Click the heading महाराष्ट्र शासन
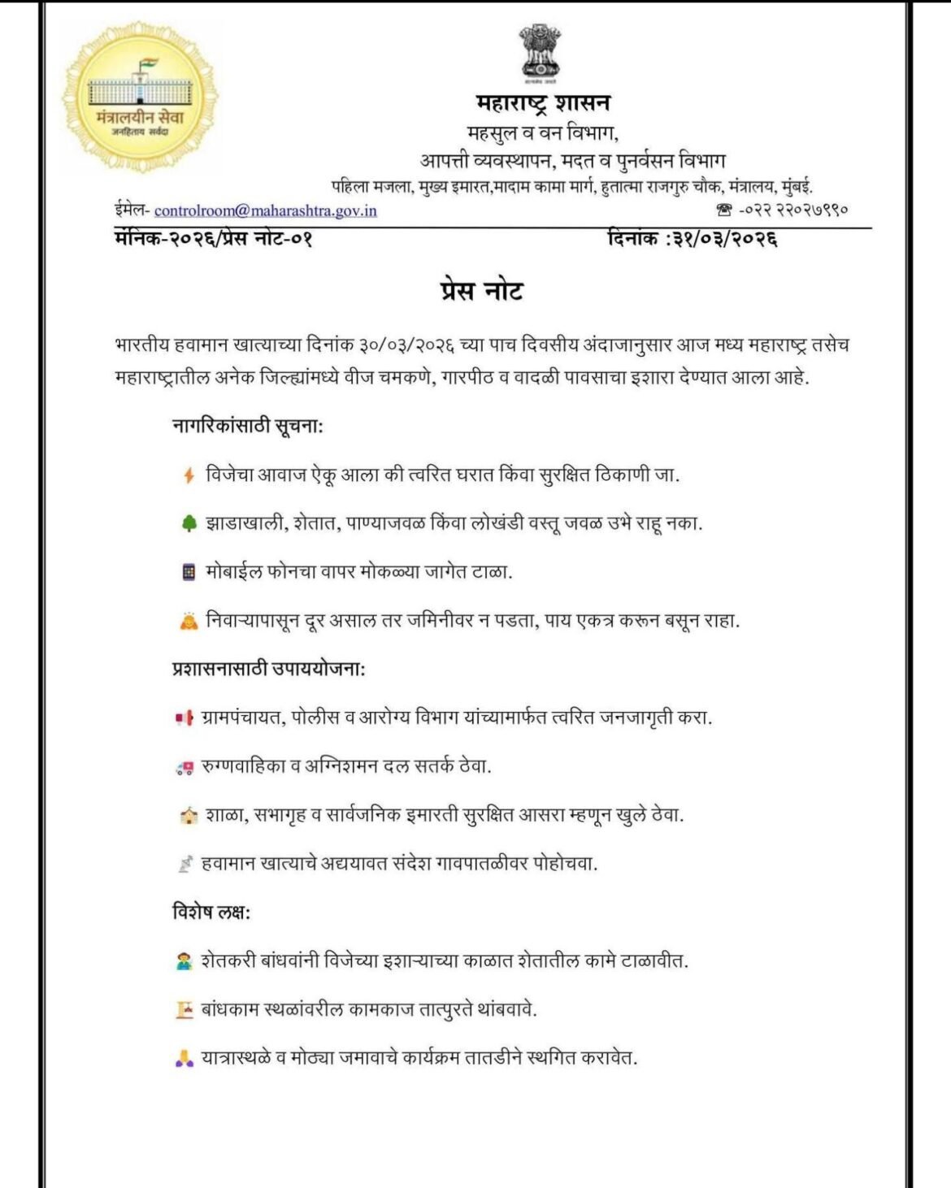pyautogui.click(x=542, y=103)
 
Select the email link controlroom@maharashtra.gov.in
pyautogui.click(x=266, y=210)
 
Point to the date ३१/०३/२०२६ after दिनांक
pyautogui.click(x=725, y=239)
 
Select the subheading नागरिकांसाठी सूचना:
pyautogui.click(x=248, y=425)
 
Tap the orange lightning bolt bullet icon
pyautogui.click(x=189, y=475)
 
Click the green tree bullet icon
pyautogui.click(x=189, y=524)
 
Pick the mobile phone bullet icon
pyautogui.click(x=189, y=573)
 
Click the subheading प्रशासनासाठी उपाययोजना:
pyautogui.click(x=268, y=670)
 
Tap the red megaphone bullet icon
pyautogui.click(x=185, y=718)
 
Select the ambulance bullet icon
pyautogui.click(x=185, y=767)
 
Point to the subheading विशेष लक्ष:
pyautogui.click(x=211, y=912)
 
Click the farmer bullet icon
pyautogui.click(x=185, y=961)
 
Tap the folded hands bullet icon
pyautogui.click(x=185, y=1059)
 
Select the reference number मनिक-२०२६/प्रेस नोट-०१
pyautogui.click(x=214, y=239)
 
